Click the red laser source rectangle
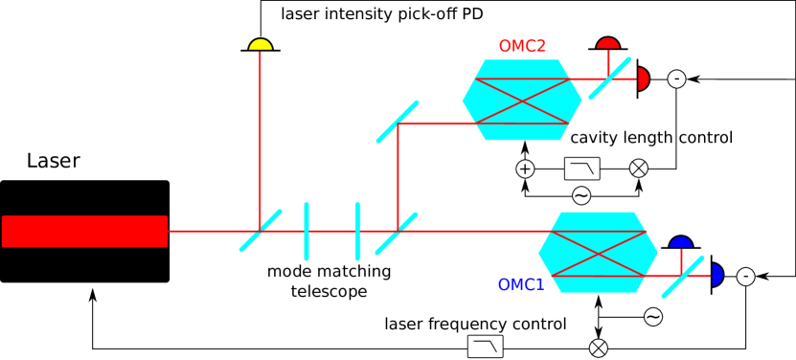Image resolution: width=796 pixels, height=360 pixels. click(x=84, y=231)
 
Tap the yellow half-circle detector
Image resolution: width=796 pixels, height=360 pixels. click(x=261, y=45)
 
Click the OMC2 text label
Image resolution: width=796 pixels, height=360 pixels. click(x=522, y=46)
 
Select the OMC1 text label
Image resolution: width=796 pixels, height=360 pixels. click(x=521, y=284)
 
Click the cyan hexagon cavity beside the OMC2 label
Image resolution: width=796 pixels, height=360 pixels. click(x=522, y=100)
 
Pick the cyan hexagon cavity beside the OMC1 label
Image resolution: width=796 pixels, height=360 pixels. click(x=598, y=252)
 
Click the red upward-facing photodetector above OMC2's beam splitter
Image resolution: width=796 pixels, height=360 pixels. click(x=608, y=43)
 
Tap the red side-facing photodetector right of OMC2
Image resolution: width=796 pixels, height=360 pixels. click(x=643, y=79)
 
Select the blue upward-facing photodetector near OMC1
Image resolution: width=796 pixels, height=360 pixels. click(x=681, y=242)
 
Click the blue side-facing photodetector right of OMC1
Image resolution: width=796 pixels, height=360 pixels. click(x=716, y=276)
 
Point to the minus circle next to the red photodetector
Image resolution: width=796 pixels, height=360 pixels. click(x=676, y=79)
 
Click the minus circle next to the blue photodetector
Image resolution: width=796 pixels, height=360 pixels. click(x=745, y=277)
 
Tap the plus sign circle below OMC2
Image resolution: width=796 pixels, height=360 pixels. click(x=525, y=169)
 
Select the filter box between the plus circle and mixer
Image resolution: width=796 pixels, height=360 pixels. click(x=581, y=169)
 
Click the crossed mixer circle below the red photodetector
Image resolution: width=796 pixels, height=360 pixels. click(x=639, y=169)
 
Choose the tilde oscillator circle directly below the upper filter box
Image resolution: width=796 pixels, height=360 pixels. click(x=581, y=195)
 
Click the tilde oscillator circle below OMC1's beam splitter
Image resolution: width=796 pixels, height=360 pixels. click(x=653, y=317)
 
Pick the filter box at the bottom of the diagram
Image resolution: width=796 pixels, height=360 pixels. click(x=485, y=347)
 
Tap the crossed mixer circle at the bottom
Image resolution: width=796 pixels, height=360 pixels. click(x=599, y=349)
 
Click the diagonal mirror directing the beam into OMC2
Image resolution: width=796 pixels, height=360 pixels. click(x=398, y=122)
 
